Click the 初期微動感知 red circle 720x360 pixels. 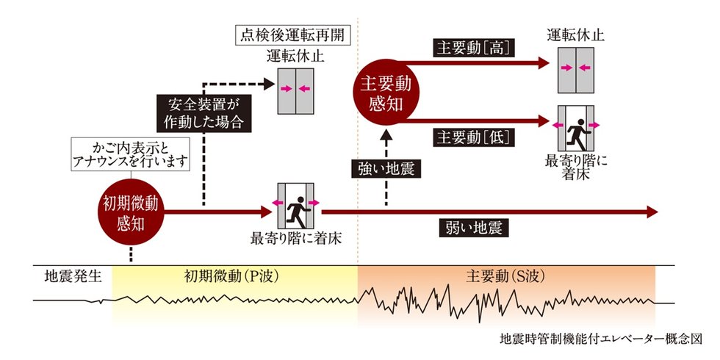tap(131, 212)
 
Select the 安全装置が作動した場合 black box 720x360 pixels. tap(204, 113)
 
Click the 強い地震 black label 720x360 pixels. tap(386, 170)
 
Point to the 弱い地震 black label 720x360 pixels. tap(473, 228)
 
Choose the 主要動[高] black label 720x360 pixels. tap(473, 48)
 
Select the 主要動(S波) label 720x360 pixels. tap(505, 277)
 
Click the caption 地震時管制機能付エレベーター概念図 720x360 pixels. tap(601, 339)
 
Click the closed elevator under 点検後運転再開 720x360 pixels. tap(295, 91)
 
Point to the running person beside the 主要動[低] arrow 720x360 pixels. tap(577, 134)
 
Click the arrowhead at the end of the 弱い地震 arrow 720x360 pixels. tap(652, 212)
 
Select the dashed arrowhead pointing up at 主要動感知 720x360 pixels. tap(386, 134)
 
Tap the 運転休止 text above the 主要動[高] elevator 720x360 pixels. tap(576, 35)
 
